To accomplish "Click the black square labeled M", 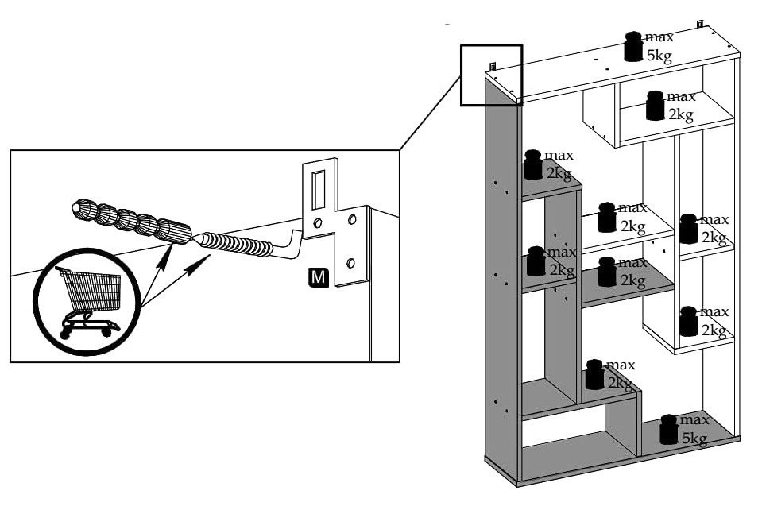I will tap(318, 277).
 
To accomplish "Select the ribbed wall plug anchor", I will tap(131, 220).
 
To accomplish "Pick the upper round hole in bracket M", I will tap(318, 223).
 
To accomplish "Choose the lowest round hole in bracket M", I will tap(351, 263).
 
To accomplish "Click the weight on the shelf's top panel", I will tap(633, 47).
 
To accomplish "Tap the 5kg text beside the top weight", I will tap(659, 56).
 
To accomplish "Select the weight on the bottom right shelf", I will tap(668, 430).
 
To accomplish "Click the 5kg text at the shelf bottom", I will tap(694, 438).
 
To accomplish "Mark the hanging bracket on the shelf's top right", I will tap(702, 24).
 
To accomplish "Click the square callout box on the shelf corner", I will tap(491, 75).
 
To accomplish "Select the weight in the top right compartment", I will tap(655, 106).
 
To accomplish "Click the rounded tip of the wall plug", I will tap(76, 208).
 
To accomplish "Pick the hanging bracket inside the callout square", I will tap(493, 67).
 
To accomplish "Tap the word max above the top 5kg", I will tap(659, 37).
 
